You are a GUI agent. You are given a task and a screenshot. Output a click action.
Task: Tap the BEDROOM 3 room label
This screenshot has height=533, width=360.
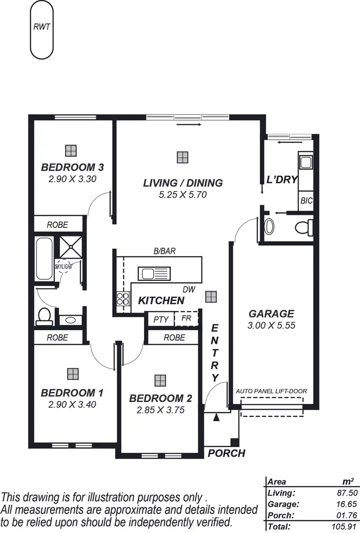tap(72, 167)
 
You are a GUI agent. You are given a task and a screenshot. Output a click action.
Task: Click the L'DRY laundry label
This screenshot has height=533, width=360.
tap(282, 179)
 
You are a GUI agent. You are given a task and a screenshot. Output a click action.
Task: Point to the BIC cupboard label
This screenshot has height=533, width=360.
tap(306, 201)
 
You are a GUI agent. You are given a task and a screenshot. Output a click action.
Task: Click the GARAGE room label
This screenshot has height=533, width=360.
tap(271, 314)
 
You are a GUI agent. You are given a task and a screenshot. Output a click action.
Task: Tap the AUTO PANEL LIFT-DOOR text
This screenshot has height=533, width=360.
tap(271, 391)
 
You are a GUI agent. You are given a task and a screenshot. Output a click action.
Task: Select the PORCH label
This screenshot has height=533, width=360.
tap(226, 453)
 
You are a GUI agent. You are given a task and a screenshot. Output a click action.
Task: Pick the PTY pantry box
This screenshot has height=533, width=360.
tap(160, 320)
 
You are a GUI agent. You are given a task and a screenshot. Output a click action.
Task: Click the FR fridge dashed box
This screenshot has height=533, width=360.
tap(186, 319)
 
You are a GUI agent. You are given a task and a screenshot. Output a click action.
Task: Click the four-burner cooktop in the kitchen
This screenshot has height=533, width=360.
tap(123, 299)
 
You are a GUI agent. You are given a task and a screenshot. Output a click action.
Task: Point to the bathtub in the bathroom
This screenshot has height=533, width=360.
tap(45, 259)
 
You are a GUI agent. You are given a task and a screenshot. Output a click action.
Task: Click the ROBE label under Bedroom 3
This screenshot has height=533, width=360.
tap(57, 225)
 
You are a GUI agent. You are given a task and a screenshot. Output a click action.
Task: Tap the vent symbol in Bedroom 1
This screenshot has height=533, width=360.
tap(72, 373)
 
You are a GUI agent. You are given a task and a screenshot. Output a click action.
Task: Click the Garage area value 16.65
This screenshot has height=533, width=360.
tap(344, 504)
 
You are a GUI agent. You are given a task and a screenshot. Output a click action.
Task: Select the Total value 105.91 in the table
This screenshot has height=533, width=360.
tap(343, 526)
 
